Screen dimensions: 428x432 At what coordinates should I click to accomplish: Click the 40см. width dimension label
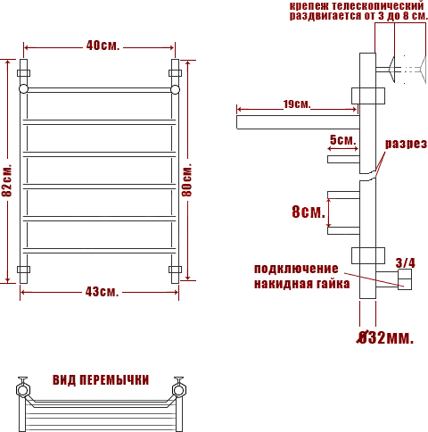[x=103, y=46]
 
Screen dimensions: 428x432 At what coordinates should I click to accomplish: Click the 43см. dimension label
[x=102, y=292]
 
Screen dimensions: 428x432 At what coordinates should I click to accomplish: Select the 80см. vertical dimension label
[x=186, y=179]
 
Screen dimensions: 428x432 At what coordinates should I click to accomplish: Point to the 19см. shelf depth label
[x=297, y=104]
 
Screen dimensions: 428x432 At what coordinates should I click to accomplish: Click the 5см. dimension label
[x=342, y=140]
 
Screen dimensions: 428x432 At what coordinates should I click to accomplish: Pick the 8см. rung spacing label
[x=309, y=212]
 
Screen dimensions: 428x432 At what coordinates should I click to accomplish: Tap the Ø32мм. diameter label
[x=385, y=337]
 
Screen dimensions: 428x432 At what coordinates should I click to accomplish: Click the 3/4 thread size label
[x=406, y=262]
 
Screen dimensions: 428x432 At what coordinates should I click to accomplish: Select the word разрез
[x=406, y=144]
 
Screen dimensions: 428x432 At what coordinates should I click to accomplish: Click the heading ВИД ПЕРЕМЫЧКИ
[x=101, y=380]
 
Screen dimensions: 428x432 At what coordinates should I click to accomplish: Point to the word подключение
[x=296, y=269]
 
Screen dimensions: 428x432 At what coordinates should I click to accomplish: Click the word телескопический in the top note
[x=378, y=5]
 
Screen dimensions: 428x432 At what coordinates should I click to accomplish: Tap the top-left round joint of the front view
[x=23, y=89]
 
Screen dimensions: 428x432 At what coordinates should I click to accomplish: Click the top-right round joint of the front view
[x=175, y=89]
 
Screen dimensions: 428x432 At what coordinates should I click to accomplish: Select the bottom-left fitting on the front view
[x=23, y=270]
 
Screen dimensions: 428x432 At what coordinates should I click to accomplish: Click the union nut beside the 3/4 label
[x=405, y=279]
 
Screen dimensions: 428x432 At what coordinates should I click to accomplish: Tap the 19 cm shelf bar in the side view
[x=298, y=122]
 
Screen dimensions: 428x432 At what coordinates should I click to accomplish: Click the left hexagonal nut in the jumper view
[x=22, y=390]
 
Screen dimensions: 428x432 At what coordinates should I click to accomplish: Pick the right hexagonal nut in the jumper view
[x=179, y=390]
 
